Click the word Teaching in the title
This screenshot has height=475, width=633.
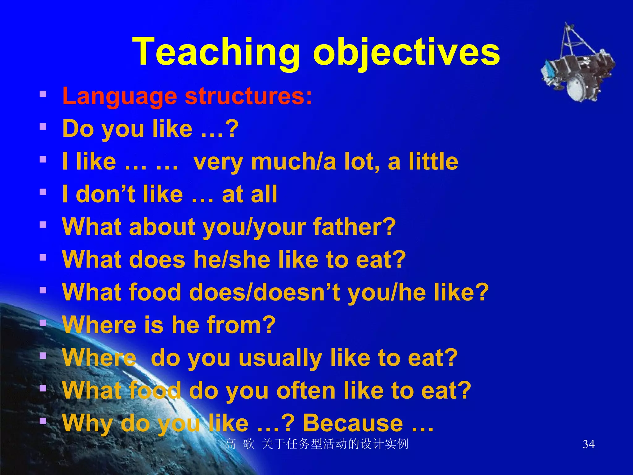click(216, 52)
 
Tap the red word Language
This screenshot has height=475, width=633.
click(120, 96)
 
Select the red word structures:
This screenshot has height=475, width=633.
click(249, 96)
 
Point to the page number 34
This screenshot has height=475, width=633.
click(588, 444)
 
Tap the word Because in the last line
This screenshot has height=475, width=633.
click(353, 423)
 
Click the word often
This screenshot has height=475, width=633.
click(306, 391)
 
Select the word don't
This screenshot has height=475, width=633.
click(105, 195)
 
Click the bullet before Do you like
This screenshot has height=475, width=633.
click(43, 126)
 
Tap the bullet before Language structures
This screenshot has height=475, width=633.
click(43, 94)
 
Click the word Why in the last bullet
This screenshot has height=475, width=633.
click(87, 423)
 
